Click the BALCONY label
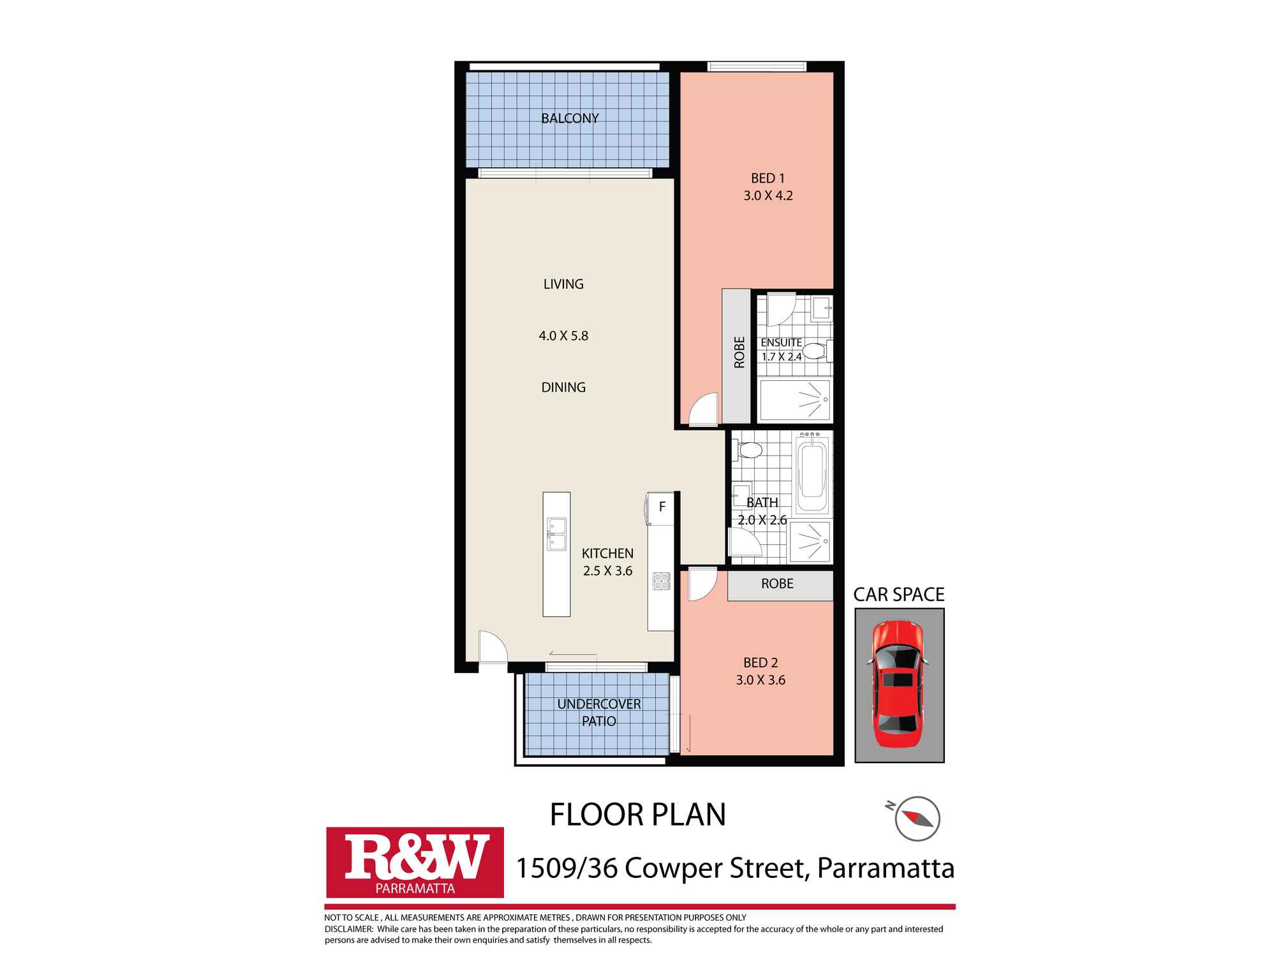coord(570,119)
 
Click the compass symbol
coord(917,818)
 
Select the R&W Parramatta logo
coord(415,863)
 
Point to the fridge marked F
coord(661,508)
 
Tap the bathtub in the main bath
coord(813,471)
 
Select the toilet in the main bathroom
coord(748,451)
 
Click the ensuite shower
coord(795,400)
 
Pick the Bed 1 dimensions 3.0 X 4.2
coord(768,196)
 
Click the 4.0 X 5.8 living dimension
coord(563,336)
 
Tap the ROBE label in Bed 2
coord(777,584)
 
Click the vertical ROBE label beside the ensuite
coord(739,352)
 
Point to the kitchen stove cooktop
coord(661,581)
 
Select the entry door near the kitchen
coord(493,647)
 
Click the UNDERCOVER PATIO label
coord(598,713)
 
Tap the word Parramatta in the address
coord(886,868)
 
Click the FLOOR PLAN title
coord(638,815)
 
